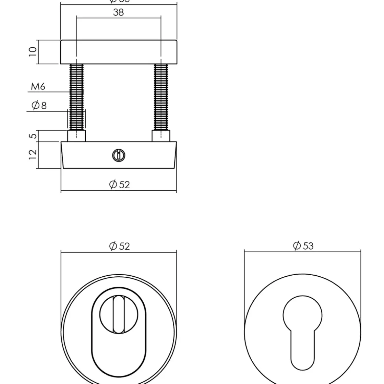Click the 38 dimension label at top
click(x=118, y=12)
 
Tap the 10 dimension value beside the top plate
click(x=33, y=51)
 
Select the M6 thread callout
click(x=38, y=87)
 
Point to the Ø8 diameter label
click(x=39, y=106)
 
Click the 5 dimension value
click(x=33, y=136)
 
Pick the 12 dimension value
click(x=33, y=155)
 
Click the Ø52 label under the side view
click(x=119, y=184)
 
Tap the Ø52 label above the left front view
click(x=119, y=246)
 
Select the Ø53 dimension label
click(x=303, y=245)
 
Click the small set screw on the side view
click(x=119, y=155)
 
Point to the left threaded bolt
click(x=76, y=96)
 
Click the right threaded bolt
click(x=161, y=96)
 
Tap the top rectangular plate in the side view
click(x=119, y=52)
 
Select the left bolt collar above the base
click(x=76, y=136)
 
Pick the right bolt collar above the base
click(x=161, y=136)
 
